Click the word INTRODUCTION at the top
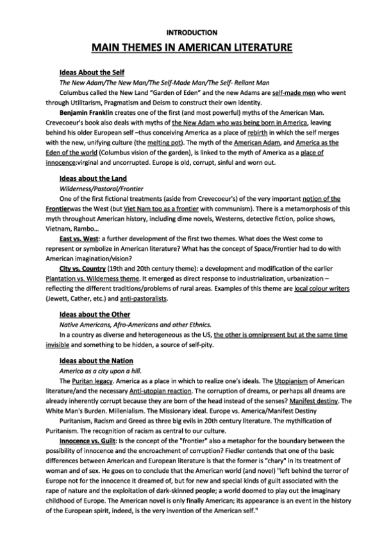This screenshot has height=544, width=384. pos(192,31)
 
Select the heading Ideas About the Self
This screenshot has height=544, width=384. pos(92,72)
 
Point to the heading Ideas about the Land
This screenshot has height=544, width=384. pos(93,178)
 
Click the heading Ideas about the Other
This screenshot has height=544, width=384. pos(94,314)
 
